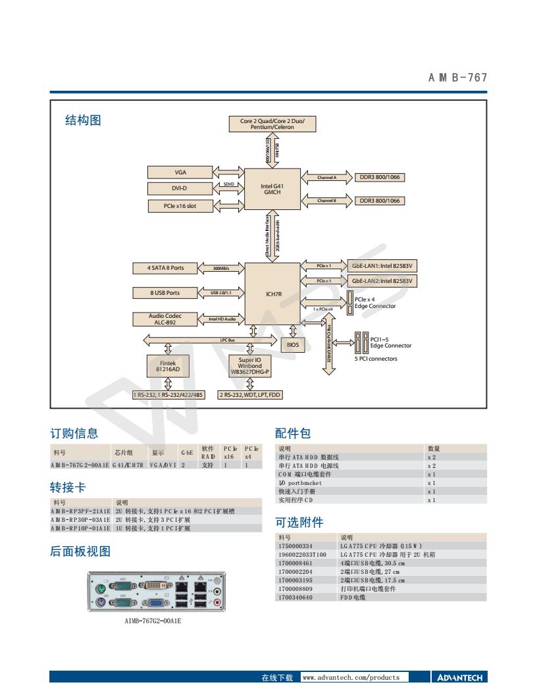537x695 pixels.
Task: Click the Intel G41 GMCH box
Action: (x=272, y=190)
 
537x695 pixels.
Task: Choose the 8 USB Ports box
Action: (x=165, y=292)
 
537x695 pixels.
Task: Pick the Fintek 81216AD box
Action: (x=167, y=365)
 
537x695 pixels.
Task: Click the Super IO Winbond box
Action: (x=250, y=365)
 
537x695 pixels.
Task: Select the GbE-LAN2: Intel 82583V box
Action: (x=385, y=280)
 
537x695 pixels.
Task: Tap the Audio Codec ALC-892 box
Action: (x=165, y=319)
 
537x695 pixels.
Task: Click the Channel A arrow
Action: (x=326, y=178)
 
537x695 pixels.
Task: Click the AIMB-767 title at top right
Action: (x=457, y=78)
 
